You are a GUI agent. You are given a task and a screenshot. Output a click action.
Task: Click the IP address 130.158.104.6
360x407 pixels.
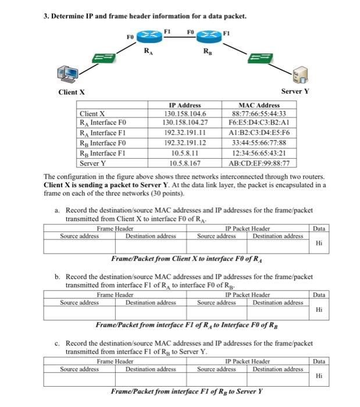pyautogui.click(x=186, y=114)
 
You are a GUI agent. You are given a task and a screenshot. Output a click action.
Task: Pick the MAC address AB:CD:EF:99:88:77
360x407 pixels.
pyautogui.click(x=260, y=163)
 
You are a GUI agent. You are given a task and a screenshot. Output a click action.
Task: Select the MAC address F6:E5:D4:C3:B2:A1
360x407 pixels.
pyautogui.click(x=260, y=124)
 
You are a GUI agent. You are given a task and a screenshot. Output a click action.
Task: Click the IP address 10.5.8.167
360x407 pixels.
pyautogui.click(x=186, y=163)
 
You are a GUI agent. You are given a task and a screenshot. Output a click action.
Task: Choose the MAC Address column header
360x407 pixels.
pyautogui.click(x=260, y=105)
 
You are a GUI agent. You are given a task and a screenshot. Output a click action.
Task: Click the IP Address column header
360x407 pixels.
pyautogui.click(x=186, y=105)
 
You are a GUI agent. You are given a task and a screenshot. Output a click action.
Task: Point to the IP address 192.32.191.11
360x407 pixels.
pyautogui.click(x=186, y=134)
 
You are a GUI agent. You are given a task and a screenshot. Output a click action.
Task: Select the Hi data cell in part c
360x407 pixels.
pyautogui.click(x=318, y=376)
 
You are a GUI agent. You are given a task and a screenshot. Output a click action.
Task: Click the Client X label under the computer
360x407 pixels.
pyautogui.click(x=72, y=92)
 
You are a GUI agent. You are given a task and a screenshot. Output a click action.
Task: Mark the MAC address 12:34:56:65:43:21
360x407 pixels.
pyautogui.click(x=260, y=153)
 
